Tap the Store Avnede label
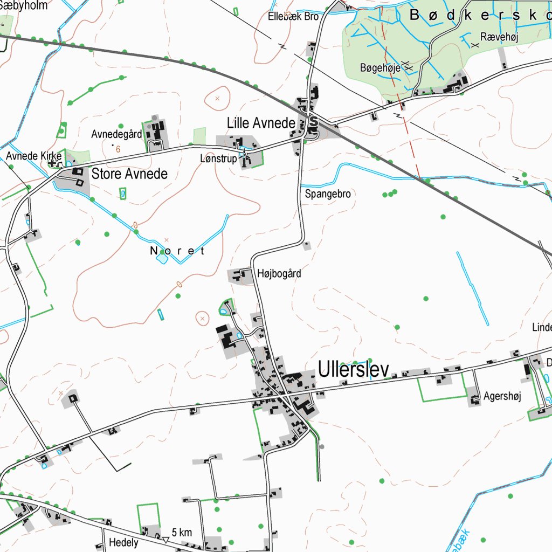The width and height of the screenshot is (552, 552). click(x=129, y=174)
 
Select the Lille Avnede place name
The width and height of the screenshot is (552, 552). click(x=261, y=123)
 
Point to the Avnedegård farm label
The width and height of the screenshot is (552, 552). click(x=116, y=134)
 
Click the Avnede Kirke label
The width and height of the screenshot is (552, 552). click(x=34, y=156)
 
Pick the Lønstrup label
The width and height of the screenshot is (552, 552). click(x=218, y=158)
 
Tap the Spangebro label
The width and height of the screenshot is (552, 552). click(x=328, y=194)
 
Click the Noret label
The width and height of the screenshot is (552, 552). click(x=177, y=251)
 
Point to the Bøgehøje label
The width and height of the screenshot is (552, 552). click(x=380, y=68)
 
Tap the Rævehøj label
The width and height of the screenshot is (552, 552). click(x=499, y=37)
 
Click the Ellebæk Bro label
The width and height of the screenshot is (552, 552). click(x=293, y=16)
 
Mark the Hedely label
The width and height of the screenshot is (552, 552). click(x=123, y=542)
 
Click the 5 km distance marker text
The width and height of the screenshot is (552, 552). click(x=182, y=533)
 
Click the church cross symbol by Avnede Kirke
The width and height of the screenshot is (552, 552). click(x=53, y=163)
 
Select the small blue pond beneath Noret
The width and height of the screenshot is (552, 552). click(x=162, y=259)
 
